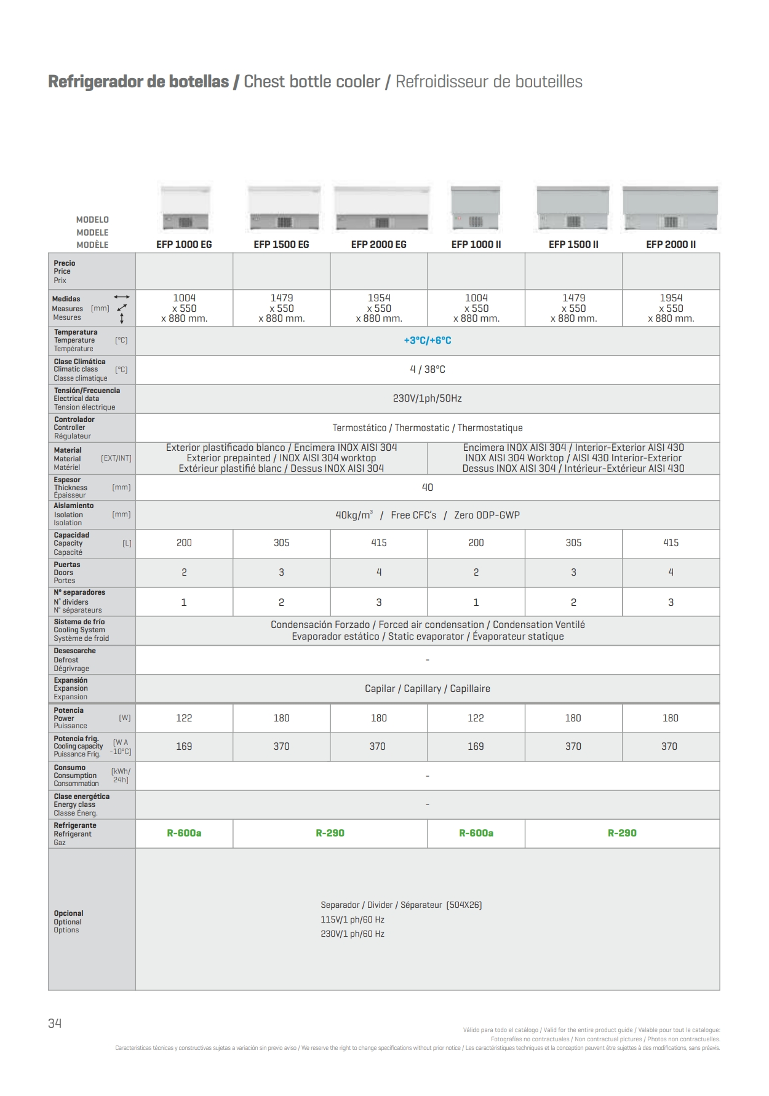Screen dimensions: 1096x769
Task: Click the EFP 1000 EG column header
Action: pyautogui.click(x=184, y=245)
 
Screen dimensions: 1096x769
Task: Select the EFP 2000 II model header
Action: pyautogui.click(x=671, y=245)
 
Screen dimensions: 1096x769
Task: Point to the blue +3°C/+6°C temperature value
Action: pyautogui.click(x=428, y=341)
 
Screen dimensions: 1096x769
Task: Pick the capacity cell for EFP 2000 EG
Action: pyautogui.click(x=379, y=543)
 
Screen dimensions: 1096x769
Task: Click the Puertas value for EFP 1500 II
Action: pyautogui.click(x=573, y=573)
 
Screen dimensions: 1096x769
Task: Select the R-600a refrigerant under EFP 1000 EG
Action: pyautogui.click(x=184, y=833)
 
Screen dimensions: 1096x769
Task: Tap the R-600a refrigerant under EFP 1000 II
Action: pyautogui.click(x=476, y=833)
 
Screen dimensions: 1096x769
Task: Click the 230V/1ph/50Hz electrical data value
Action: pyautogui.click(x=428, y=399)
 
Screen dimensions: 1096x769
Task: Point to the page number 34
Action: pyautogui.click(x=55, y=1023)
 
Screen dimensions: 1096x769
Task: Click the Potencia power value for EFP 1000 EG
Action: pyautogui.click(x=184, y=718)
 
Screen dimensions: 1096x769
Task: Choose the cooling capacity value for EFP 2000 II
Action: pyautogui.click(x=669, y=747)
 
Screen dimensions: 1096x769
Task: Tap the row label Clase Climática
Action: pyautogui.click(x=80, y=362)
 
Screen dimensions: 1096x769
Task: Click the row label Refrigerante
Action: pyautogui.click(x=75, y=825)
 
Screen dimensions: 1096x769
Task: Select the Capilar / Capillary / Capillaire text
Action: pyautogui.click(x=428, y=689)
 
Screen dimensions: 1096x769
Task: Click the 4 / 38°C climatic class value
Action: pyautogui.click(x=428, y=370)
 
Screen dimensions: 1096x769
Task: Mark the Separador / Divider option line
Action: pyautogui.click(x=401, y=905)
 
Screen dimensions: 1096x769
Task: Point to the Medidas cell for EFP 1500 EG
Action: pyautogui.click(x=282, y=308)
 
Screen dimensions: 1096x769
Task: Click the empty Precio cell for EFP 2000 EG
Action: pyautogui.click(x=379, y=271)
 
